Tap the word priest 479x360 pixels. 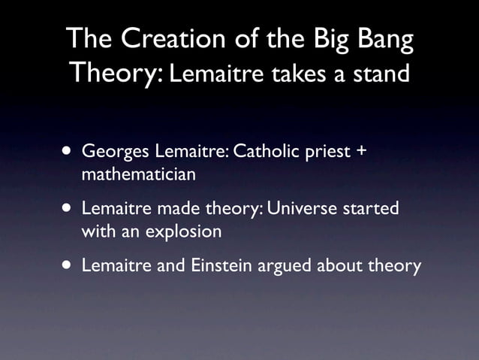pyautogui.click(x=329, y=153)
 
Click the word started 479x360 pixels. pyautogui.click(x=371, y=209)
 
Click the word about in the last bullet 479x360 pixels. pyautogui.click(x=344, y=265)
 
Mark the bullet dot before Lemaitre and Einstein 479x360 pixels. pyautogui.click(x=68, y=265)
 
